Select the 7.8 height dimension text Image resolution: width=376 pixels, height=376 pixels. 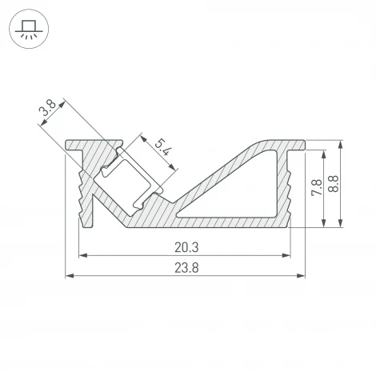[317, 187]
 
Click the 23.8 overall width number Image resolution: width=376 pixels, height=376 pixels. [185, 269]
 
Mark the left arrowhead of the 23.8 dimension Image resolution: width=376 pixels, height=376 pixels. [70, 277]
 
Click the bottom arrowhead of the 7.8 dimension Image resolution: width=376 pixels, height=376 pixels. [324, 222]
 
